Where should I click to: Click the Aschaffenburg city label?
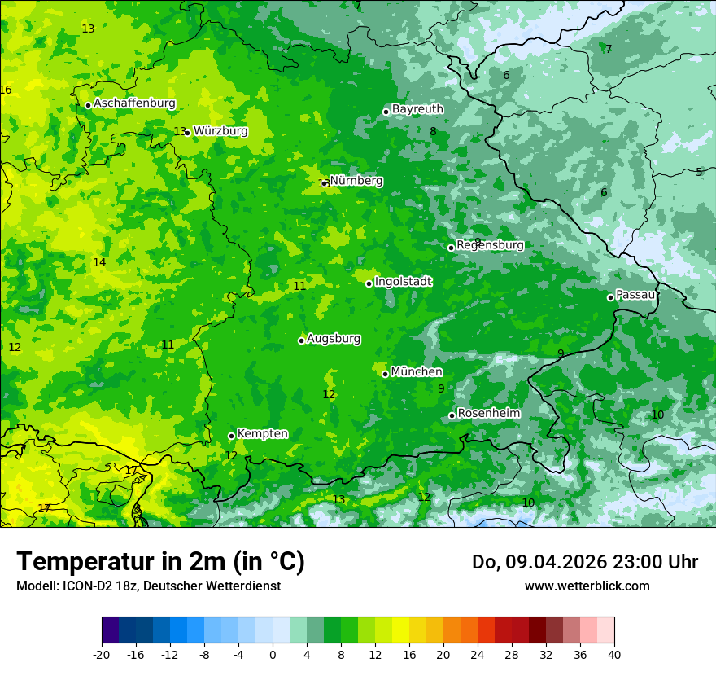coord(134,103)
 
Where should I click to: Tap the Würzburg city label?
coord(220,131)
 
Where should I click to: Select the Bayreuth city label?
coord(417,109)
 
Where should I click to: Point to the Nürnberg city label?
coord(356,181)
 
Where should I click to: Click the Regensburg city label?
coord(490,245)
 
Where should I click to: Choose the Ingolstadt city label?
coord(403,282)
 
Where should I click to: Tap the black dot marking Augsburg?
coord(301,340)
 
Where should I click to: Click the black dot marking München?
coord(386,374)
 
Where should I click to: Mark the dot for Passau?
coord(610,297)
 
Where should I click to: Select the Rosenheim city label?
coord(488,414)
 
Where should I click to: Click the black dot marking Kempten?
coord(231,436)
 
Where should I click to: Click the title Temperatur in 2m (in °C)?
coord(160,561)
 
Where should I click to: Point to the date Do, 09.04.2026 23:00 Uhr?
coord(584,562)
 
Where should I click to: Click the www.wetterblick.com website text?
coord(587,586)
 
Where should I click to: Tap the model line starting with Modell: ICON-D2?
coord(148,586)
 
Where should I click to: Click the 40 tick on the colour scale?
coord(613,654)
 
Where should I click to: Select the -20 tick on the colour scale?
coord(102,654)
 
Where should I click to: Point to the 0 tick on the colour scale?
coord(273,654)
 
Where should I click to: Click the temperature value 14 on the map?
coord(99,262)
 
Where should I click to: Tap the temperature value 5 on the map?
coord(698,172)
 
